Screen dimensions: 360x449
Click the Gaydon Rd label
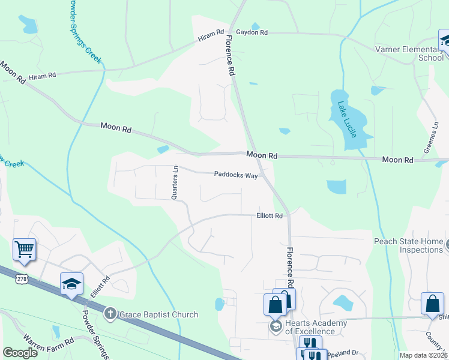click(252, 32)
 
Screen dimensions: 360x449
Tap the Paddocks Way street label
click(236, 175)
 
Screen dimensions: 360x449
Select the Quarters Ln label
click(175, 182)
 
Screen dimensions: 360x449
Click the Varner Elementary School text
click(408, 53)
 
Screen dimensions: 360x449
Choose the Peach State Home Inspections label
click(408, 245)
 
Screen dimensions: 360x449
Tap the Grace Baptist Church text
click(158, 314)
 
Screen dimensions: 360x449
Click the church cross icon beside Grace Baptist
click(110, 313)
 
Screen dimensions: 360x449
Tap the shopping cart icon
click(24, 249)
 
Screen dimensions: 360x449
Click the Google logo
click(20, 353)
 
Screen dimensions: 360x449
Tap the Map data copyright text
click(423, 355)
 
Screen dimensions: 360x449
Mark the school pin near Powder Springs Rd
click(71, 283)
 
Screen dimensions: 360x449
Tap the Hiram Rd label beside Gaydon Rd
click(211, 36)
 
